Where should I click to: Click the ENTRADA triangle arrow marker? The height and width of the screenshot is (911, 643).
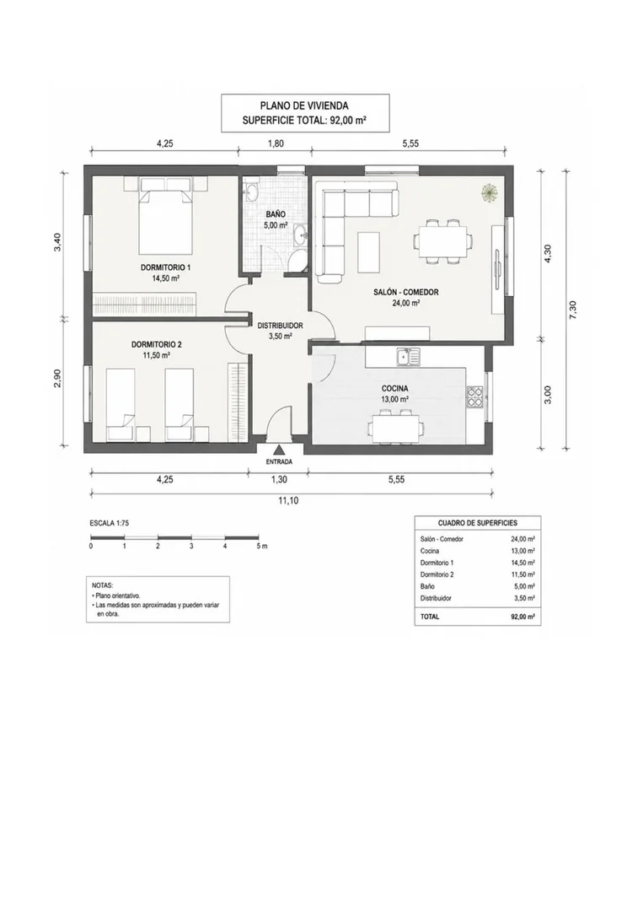coord(279,450)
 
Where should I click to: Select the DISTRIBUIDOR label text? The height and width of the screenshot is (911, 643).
coord(281,326)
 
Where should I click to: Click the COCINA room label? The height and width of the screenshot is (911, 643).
coord(394,388)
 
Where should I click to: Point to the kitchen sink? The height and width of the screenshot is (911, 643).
coord(407,356)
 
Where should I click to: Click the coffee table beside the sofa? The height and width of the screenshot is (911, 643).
coord(369,252)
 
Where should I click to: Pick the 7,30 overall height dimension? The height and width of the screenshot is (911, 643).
coord(573,309)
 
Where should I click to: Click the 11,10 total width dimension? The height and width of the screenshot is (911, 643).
coord(288,500)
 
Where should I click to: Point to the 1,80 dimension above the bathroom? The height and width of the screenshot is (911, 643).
coord(276,143)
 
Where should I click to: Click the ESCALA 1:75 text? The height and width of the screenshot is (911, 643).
coord(109,523)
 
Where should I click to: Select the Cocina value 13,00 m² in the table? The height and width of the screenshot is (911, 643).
coord(522,551)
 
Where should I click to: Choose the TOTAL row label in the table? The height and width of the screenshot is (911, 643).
coord(430,617)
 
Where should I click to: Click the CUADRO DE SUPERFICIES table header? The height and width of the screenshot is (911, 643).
coord(478,523)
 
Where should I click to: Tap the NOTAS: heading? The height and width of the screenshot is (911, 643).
coord(103,585)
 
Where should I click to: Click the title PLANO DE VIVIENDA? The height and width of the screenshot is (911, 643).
coord(305,105)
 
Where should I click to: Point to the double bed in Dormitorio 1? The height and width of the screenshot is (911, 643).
coord(165,217)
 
